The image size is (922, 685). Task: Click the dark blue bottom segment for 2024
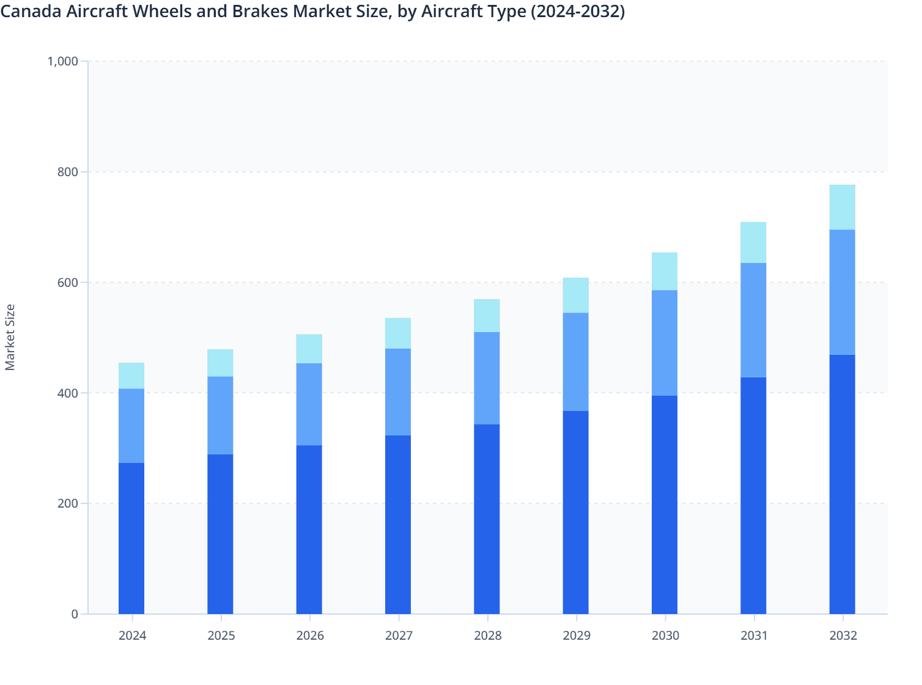pyautogui.click(x=131, y=538)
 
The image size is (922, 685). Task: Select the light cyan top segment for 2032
pyautogui.click(x=842, y=207)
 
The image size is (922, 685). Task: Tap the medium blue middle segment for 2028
pyautogui.click(x=487, y=378)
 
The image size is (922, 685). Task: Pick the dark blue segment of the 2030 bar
pyautogui.click(x=665, y=505)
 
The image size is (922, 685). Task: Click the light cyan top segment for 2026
pyautogui.click(x=309, y=349)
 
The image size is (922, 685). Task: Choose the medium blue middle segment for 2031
pyautogui.click(x=753, y=320)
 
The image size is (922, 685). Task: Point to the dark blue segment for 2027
pyautogui.click(x=398, y=525)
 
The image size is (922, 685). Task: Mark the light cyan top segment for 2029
pyautogui.click(x=576, y=295)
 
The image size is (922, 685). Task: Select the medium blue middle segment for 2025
pyautogui.click(x=220, y=415)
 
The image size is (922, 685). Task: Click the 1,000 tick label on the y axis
pyautogui.click(x=63, y=61)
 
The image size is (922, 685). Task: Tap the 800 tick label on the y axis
pyautogui.click(x=68, y=172)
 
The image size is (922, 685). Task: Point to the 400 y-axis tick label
pyautogui.click(x=68, y=393)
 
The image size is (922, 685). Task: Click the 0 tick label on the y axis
pyautogui.click(x=75, y=614)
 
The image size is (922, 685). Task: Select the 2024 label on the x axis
pyautogui.click(x=132, y=635)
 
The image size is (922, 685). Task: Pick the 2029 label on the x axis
pyautogui.click(x=576, y=635)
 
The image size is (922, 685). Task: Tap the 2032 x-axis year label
pyautogui.click(x=843, y=635)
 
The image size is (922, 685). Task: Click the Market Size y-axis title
pyautogui.click(x=10, y=338)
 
